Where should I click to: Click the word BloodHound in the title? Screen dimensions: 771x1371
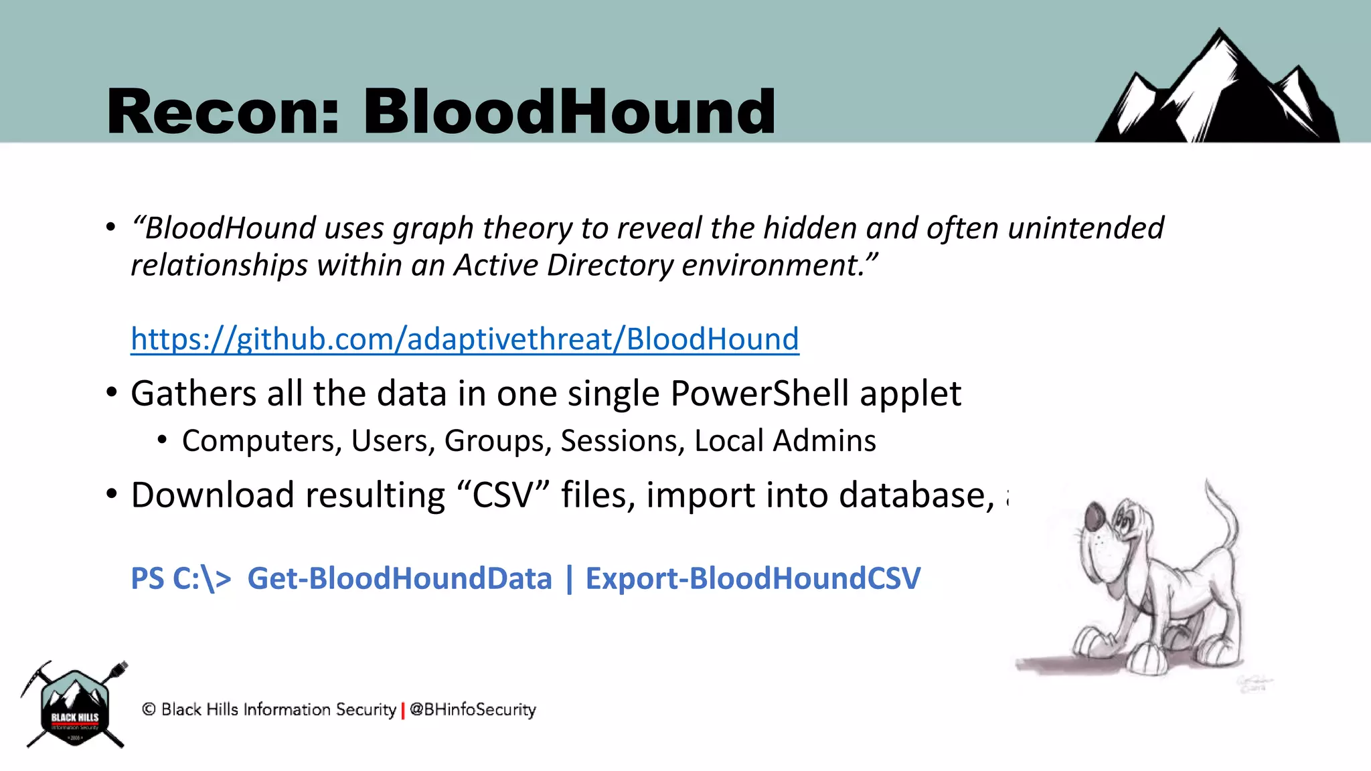569,112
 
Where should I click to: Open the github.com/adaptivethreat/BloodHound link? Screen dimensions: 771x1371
465,339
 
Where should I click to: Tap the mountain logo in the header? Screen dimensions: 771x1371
1217,90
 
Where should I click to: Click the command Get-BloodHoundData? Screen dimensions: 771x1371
400,579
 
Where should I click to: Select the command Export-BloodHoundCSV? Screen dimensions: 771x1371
753,579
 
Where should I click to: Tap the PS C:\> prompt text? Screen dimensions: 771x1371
181,579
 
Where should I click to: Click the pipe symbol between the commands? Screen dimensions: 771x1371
569,579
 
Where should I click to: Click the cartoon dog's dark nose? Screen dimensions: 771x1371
1096,516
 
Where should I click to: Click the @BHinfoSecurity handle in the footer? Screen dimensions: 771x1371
473,709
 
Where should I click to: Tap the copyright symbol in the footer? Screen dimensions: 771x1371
149,709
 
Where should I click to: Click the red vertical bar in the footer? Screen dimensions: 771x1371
403,710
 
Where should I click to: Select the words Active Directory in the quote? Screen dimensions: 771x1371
564,266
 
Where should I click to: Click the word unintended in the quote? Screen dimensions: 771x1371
1085,228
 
